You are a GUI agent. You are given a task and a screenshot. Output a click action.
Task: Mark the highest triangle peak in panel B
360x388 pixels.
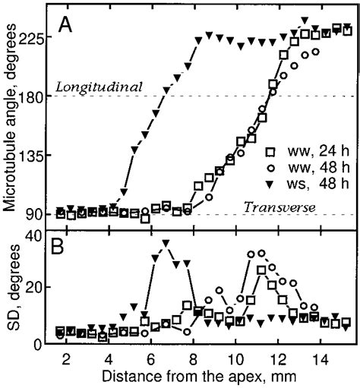166,244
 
